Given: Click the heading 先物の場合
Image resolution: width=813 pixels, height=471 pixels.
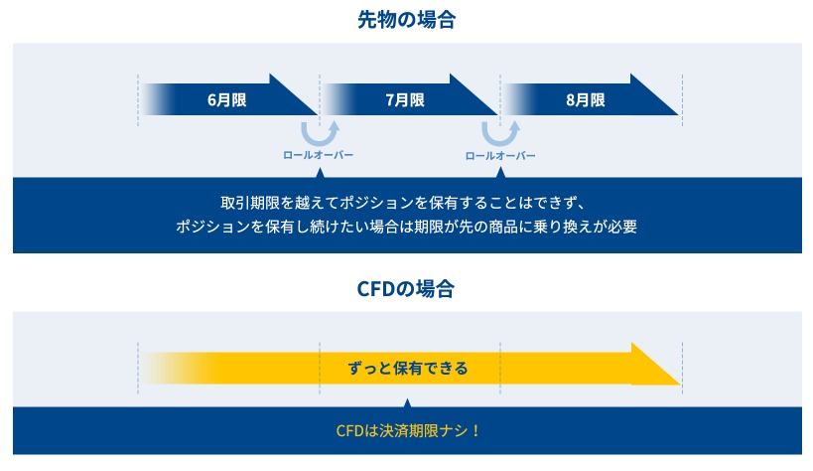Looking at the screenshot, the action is click(407, 20).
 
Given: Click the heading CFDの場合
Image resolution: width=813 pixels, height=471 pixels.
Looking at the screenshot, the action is click(405, 289).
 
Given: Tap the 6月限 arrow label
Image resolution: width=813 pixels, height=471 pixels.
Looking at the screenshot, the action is click(226, 99).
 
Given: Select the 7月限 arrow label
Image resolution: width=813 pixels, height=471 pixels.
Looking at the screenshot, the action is click(405, 99).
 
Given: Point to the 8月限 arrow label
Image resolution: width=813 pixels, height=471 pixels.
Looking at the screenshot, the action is click(586, 99).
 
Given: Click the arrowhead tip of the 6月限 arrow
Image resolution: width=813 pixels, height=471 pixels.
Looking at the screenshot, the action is click(318, 114).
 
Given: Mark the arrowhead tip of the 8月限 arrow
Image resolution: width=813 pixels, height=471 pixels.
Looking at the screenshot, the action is click(678, 114).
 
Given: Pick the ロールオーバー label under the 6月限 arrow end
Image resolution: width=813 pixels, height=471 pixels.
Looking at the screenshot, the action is click(318, 155).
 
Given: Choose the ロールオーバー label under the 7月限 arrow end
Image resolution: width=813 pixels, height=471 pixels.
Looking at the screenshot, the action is click(500, 155).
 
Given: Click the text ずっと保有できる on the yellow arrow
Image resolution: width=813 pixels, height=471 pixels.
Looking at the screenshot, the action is click(408, 369).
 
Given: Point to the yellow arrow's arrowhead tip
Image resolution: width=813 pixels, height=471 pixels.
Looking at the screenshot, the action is click(680, 384).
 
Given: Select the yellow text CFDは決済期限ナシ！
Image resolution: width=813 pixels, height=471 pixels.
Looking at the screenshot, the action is click(408, 430).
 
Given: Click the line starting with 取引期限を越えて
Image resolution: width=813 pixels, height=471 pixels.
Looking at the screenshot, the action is click(403, 203).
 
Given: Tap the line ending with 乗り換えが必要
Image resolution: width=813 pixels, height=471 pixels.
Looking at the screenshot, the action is click(407, 227).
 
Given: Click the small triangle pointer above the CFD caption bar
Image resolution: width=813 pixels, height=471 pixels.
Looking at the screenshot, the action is click(408, 403).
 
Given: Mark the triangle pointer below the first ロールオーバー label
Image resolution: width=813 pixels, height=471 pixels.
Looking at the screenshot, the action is click(320, 173).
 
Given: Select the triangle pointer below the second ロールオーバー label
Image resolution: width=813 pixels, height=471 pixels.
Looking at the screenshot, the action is click(500, 173).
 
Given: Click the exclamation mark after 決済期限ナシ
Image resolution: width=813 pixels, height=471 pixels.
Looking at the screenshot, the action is click(475, 430).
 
